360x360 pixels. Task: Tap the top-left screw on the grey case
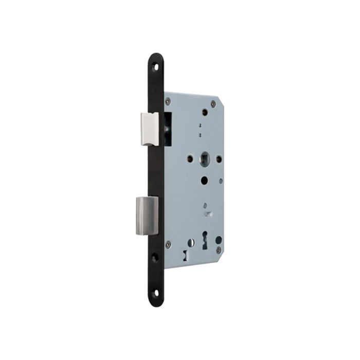coord(168,102)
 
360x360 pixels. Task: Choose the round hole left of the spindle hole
coord(191,158)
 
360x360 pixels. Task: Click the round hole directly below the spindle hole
coord(205,181)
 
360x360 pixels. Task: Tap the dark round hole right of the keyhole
coord(218,239)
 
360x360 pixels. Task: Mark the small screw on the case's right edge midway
coord(221,179)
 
